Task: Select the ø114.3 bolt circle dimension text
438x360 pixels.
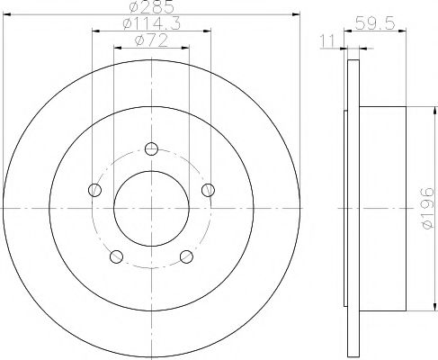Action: pos(151,25)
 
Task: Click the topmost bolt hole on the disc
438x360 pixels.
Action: pos(151,149)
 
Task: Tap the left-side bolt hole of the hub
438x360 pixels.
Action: pos(94,190)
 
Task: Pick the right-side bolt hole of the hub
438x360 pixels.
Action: pos(208,189)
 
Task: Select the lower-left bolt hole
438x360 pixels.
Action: pos(115,256)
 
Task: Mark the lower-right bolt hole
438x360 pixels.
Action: pos(187,256)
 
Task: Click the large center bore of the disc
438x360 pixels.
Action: pos(151,207)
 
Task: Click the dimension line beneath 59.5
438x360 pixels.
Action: pos(377,32)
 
